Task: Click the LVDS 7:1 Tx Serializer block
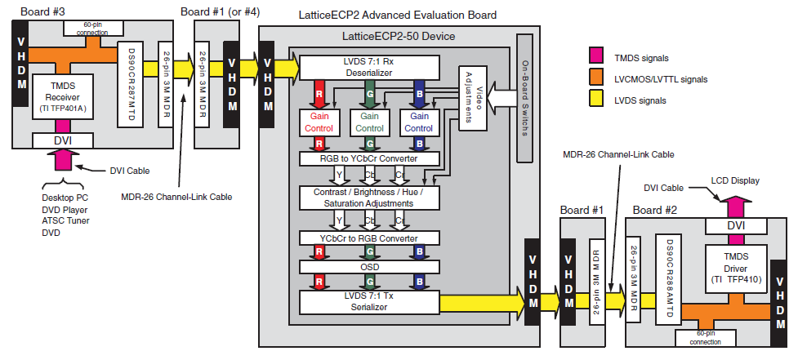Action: (369, 302)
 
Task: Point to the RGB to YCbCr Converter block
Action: (369, 158)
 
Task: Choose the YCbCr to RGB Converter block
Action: (369, 238)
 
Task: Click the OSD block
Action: (369, 267)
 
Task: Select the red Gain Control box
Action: (319, 122)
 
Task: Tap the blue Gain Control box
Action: (418, 122)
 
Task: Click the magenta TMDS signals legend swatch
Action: (595, 58)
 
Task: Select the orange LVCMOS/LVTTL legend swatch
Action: (595, 79)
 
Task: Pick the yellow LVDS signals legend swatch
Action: (595, 100)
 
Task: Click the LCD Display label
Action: (735, 180)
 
